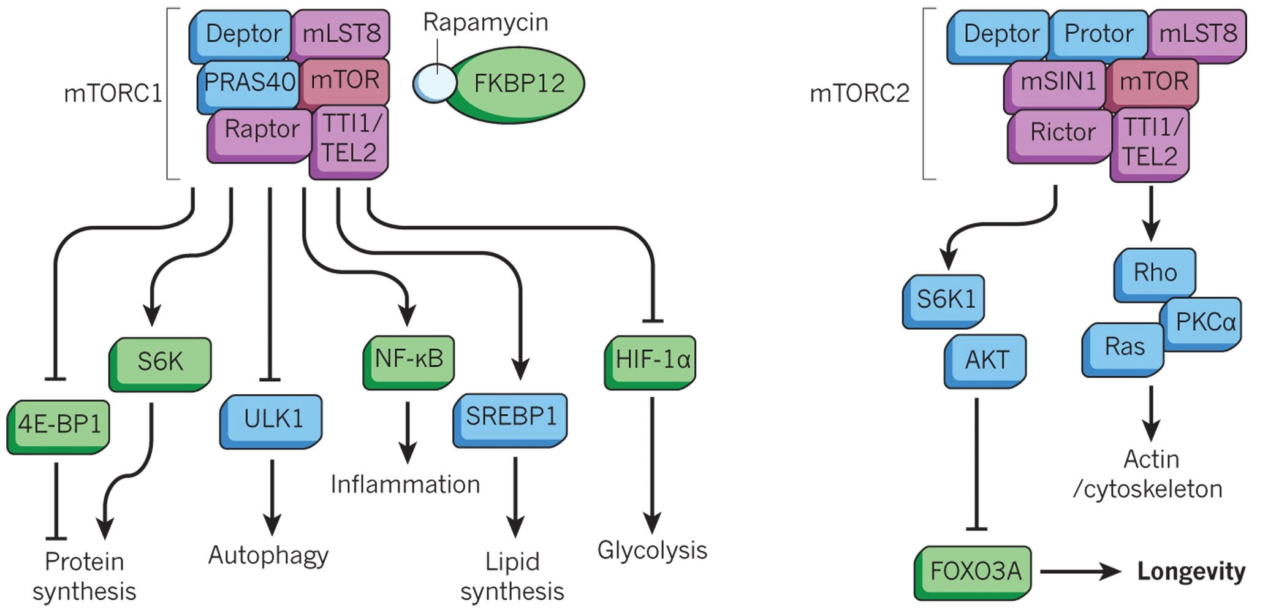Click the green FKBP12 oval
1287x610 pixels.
(518, 83)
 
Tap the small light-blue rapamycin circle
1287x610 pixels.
(434, 84)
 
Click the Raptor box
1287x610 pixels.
(261, 131)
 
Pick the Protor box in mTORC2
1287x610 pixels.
(1098, 34)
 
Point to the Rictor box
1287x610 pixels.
(1061, 133)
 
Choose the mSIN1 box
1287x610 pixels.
(1057, 83)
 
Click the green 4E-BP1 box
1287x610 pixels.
(59, 425)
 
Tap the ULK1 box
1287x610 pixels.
(271, 420)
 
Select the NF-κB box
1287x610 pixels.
(409, 360)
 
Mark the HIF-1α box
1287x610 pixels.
(651, 360)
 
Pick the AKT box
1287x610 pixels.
(985, 360)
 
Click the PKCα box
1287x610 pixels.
(1204, 323)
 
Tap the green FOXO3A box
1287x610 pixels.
(974, 571)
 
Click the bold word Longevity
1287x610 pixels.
(1191, 571)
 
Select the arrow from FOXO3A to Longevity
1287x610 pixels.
(1080, 571)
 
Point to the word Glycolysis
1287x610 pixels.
(651, 550)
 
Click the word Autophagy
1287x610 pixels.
(268, 555)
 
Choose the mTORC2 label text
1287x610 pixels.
(859, 94)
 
